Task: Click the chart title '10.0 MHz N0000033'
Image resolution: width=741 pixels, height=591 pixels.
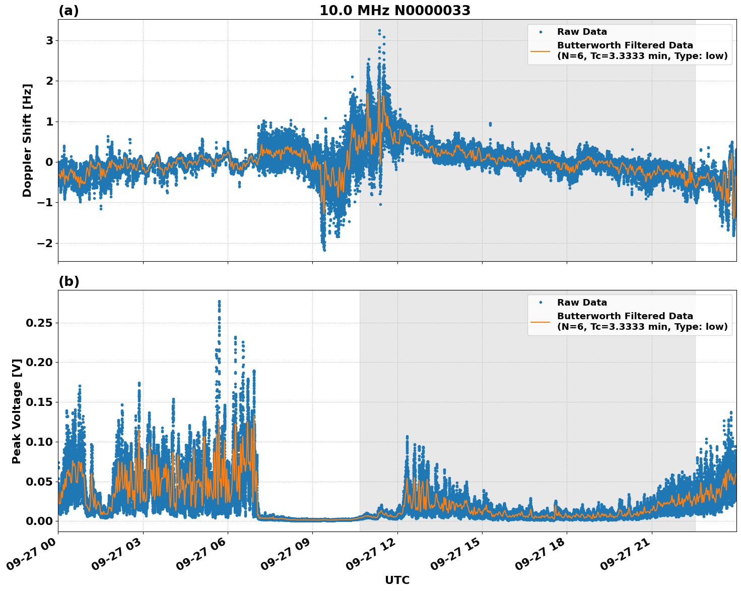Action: point(394,11)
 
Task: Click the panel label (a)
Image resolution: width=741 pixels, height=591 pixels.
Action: point(69,11)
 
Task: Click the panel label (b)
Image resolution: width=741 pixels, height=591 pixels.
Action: point(69,281)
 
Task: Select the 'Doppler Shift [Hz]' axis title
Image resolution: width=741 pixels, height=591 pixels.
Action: point(27,140)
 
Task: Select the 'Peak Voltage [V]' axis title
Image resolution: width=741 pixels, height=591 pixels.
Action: point(17,411)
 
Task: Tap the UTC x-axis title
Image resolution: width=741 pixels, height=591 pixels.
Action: point(397,580)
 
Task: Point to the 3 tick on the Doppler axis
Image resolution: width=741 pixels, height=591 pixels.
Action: point(49,40)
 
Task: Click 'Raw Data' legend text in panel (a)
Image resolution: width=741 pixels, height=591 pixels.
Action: point(582,32)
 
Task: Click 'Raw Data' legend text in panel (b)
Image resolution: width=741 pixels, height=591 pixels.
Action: point(582,303)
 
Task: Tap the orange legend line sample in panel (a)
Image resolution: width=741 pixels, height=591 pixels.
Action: point(541,50)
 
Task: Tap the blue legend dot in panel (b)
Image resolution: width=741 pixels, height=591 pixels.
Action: point(541,303)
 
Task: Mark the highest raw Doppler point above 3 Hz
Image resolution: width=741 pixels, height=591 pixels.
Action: point(379,31)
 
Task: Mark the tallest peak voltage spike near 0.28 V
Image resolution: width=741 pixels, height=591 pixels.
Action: point(219,302)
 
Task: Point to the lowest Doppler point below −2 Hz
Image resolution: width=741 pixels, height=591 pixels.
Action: point(324,250)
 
